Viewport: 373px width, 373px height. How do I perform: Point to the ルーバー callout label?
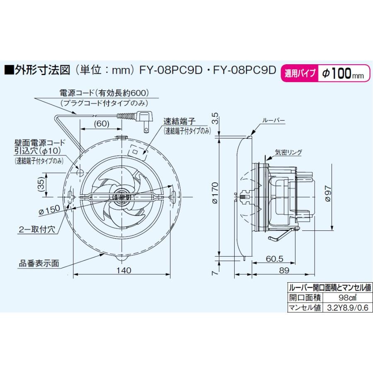pos(273,120)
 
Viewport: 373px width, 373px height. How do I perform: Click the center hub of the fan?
pos(121,196)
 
